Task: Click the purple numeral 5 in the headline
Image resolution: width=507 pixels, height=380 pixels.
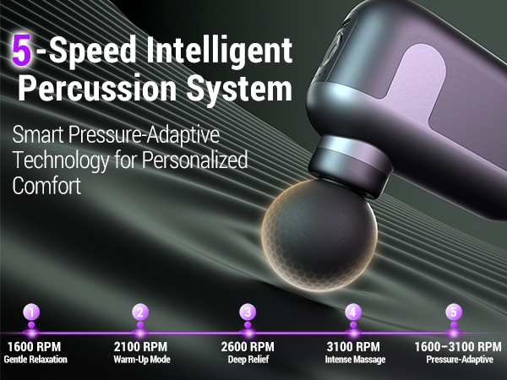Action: pyautogui.click(x=22, y=50)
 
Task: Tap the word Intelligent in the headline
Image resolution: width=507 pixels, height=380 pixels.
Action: pyautogui.click(x=220, y=52)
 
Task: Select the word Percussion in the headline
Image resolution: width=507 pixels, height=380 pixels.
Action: pyautogui.click(x=97, y=87)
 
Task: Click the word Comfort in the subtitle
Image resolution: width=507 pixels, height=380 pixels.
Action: pyautogui.click(x=46, y=185)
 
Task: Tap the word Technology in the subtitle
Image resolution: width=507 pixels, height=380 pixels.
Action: pyautogui.click(x=60, y=160)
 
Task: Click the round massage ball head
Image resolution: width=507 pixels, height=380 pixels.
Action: pyautogui.click(x=319, y=236)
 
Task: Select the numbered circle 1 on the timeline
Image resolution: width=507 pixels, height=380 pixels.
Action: pyautogui.click(x=31, y=312)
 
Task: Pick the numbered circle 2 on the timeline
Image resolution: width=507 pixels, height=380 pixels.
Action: pyautogui.click(x=140, y=312)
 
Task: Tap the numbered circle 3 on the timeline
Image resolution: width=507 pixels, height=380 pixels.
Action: pyautogui.click(x=248, y=312)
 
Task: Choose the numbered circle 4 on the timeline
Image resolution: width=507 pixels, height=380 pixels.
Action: pyautogui.click(x=353, y=312)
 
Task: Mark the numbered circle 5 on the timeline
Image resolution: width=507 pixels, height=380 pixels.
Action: pyautogui.click(x=454, y=312)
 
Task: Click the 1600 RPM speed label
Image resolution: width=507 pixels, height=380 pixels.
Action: pyautogui.click(x=35, y=347)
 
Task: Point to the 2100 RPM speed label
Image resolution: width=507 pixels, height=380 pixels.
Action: pyautogui.click(x=140, y=347)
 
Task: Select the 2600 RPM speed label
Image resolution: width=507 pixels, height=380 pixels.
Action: pyautogui.click(x=248, y=347)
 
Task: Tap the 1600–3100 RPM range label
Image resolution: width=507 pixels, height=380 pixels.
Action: pyautogui.click(x=458, y=347)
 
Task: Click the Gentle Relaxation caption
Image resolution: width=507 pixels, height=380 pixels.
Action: pyautogui.click(x=35, y=360)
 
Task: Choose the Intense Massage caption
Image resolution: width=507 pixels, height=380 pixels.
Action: pyautogui.click(x=355, y=360)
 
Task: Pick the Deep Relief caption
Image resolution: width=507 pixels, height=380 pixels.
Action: pyautogui.click(x=248, y=360)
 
